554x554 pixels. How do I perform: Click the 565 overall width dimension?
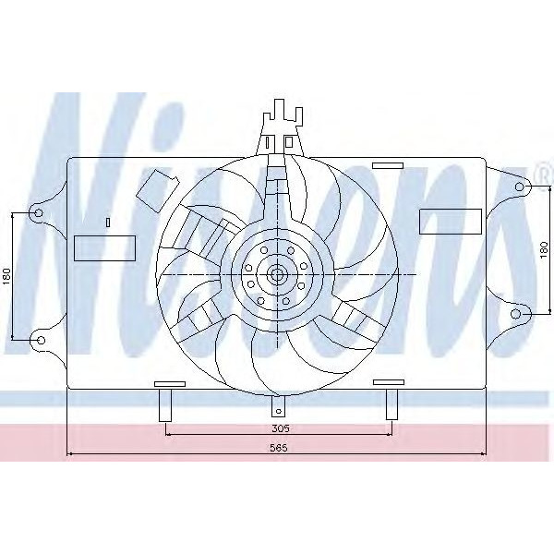(x=280, y=448)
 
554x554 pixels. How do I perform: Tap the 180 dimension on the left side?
(x=6, y=276)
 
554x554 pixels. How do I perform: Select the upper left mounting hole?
(x=38, y=212)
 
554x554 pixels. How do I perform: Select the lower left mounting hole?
(x=39, y=341)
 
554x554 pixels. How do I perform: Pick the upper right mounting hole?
(x=518, y=187)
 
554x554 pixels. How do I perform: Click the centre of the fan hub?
(x=276, y=274)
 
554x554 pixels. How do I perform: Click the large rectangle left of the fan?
(x=103, y=247)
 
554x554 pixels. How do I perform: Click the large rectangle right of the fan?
(x=450, y=222)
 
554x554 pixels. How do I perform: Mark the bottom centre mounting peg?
(x=278, y=407)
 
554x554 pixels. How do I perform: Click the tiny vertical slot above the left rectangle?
(x=108, y=222)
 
